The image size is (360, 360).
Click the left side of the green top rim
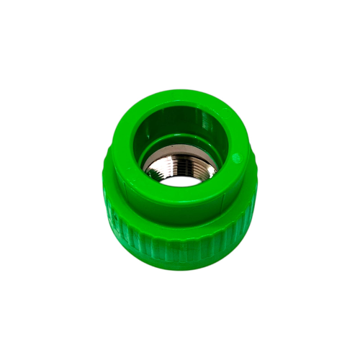[130, 144]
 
